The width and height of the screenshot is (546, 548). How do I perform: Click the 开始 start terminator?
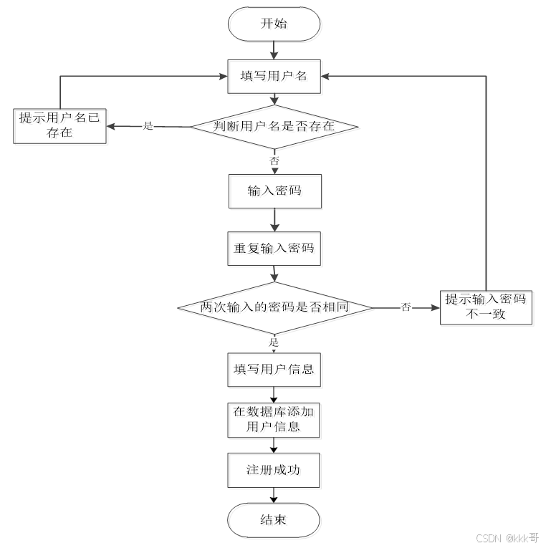(x=273, y=24)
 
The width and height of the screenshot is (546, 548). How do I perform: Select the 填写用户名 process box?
(x=273, y=76)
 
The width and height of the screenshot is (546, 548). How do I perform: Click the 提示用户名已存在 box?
(x=61, y=125)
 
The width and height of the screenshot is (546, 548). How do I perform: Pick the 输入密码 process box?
(x=274, y=191)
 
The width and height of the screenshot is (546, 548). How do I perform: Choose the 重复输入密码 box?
(x=274, y=248)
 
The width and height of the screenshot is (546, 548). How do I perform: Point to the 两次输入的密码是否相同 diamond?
(x=274, y=307)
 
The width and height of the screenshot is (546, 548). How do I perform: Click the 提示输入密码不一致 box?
(x=486, y=307)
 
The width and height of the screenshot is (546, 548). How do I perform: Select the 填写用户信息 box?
(x=274, y=370)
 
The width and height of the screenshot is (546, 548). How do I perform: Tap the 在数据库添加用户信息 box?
(x=274, y=420)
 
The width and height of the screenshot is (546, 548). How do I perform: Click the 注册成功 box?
(x=274, y=471)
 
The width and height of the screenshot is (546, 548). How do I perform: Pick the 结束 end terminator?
(x=273, y=519)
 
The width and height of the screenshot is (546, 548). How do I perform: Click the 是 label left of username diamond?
(x=149, y=126)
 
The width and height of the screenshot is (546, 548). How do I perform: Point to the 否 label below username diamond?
(x=274, y=161)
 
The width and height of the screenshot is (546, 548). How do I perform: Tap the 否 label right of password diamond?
(x=406, y=307)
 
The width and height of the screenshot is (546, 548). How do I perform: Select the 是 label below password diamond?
(x=274, y=342)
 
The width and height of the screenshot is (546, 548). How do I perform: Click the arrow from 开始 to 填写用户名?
(x=274, y=50)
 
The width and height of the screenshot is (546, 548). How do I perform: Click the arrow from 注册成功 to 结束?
(x=274, y=495)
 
